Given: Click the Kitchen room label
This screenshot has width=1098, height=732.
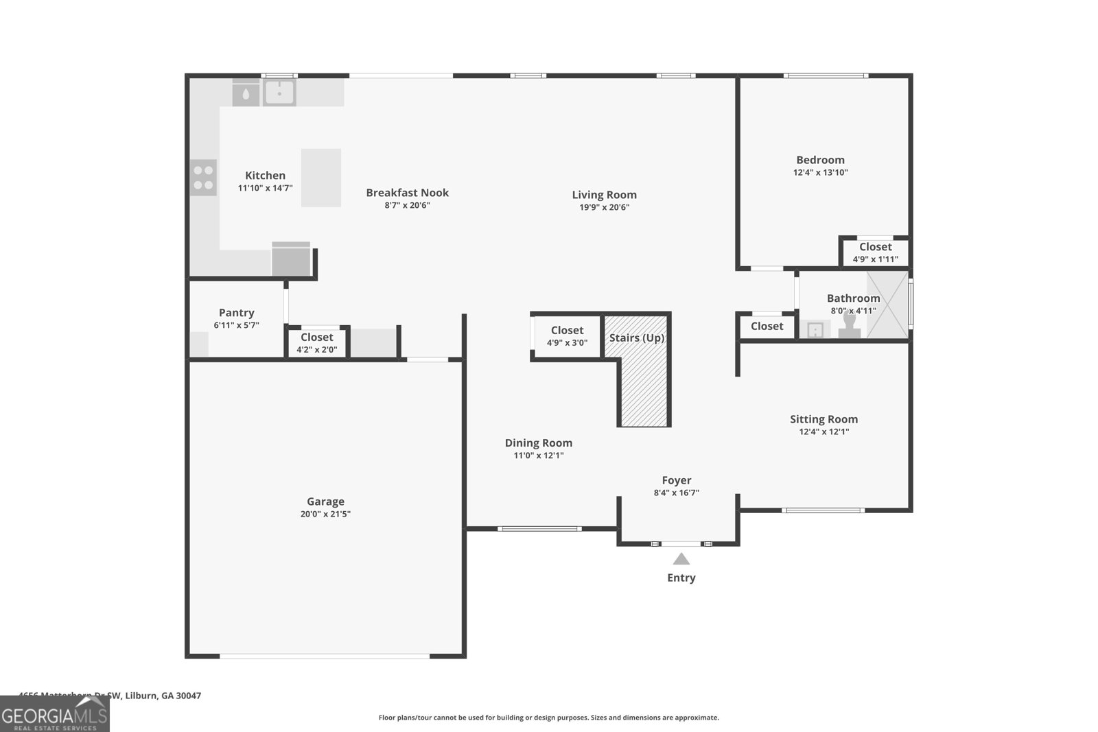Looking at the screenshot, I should (x=265, y=176).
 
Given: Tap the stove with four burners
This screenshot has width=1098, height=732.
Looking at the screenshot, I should (x=203, y=178).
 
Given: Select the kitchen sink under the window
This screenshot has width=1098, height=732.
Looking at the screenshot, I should (x=279, y=93).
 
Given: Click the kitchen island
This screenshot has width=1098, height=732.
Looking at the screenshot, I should (x=321, y=178).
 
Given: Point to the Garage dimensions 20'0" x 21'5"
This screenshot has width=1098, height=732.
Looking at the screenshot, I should (x=325, y=514).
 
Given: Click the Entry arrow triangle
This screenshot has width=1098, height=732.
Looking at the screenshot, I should (x=681, y=559).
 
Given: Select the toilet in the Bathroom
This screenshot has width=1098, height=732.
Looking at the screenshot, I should (x=850, y=326).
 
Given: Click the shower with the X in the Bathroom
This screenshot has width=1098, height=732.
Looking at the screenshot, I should (x=887, y=305).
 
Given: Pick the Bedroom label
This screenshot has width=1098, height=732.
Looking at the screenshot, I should (x=820, y=160).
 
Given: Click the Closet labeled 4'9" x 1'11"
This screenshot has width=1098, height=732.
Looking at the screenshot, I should (x=875, y=252).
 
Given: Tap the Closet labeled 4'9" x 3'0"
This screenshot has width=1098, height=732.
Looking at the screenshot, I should (x=567, y=336).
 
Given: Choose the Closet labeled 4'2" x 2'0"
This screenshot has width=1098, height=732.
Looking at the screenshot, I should (x=316, y=342).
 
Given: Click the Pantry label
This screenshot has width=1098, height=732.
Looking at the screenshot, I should (x=236, y=313).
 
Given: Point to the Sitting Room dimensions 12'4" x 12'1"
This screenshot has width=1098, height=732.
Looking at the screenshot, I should (x=823, y=432).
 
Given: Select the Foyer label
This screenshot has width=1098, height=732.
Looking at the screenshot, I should (x=676, y=480).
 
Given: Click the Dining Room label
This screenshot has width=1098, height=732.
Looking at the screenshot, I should (x=538, y=443).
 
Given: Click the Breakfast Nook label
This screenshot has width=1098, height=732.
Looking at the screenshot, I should (x=407, y=193).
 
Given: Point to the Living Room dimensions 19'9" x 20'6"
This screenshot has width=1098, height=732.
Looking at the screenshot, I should (x=604, y=207).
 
